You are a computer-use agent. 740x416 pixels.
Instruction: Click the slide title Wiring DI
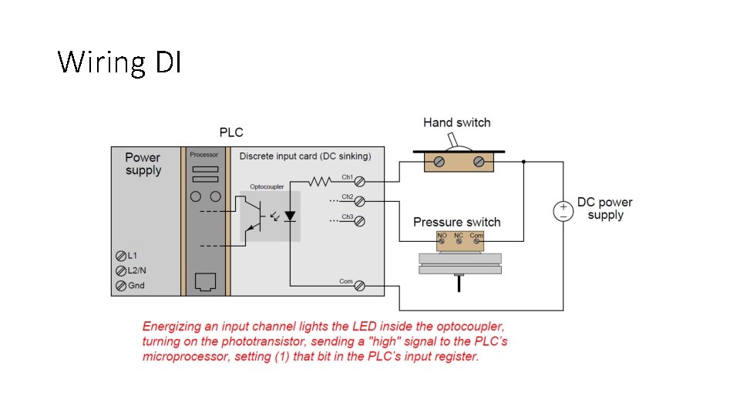coord(119,62)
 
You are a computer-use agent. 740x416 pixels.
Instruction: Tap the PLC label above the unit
coord(231,133)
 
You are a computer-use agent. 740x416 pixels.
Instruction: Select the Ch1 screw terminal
coord(359,182)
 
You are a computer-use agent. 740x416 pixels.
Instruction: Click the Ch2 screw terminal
coord(359,201)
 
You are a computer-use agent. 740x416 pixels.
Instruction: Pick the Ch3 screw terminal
coord(359,221)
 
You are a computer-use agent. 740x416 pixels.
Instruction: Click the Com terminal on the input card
coord(359,286)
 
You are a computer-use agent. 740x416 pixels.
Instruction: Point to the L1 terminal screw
coord(120,255)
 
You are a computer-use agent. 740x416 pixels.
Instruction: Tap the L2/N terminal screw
coord(120,270)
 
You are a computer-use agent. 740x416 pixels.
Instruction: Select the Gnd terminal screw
coord(120,286)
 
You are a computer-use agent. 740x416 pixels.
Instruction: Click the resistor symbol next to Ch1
coord(319,182)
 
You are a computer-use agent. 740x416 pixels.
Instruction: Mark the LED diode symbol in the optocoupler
coord(290,216)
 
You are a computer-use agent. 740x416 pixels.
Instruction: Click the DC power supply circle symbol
coord(563,210)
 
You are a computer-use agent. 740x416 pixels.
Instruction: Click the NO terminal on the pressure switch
coord(442,242)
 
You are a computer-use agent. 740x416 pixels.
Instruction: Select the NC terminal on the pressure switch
coord(459,242)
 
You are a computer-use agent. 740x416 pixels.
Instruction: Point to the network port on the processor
coord(205,281)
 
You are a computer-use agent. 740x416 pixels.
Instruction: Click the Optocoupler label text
coord(267,187)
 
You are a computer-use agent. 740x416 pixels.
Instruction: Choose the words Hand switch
coord(456,122)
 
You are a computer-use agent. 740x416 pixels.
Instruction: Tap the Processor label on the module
coord(204,155)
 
